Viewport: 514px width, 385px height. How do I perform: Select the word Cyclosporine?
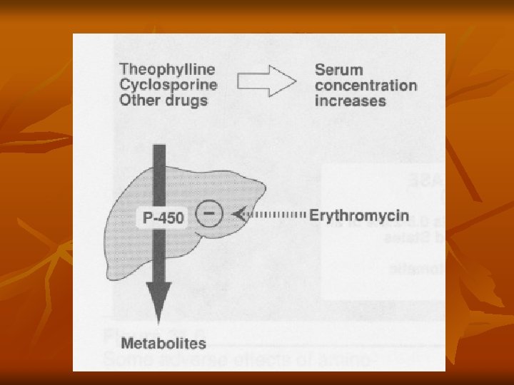(x=168, y=85)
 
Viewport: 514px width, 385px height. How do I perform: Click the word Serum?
(x=338, y=70)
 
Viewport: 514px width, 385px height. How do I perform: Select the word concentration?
(x=366, y=85)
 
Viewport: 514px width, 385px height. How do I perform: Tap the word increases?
(x=350, y=100)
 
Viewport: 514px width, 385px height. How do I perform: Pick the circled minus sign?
(x=208, y=214)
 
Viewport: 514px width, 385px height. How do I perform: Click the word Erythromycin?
(x=359, y=214)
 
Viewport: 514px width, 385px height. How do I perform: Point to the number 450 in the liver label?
(x=169, y=216)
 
